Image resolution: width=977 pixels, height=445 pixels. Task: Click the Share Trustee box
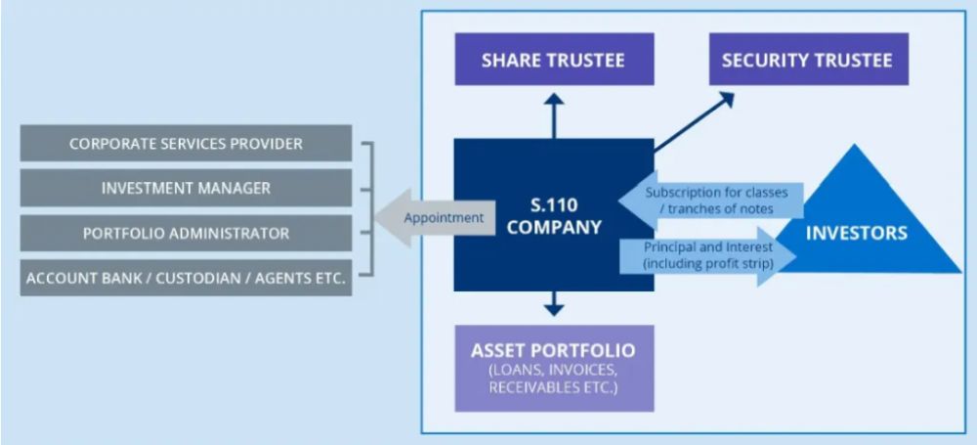click(x=553, y=60)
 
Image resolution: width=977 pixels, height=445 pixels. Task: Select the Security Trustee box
click(x=806, y=60)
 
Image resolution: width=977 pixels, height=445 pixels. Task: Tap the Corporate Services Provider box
click(x=186, y=144)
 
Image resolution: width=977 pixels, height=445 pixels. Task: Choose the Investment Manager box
click(x=186, y=188)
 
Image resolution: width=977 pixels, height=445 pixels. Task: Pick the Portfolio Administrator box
click(x=186, y=233)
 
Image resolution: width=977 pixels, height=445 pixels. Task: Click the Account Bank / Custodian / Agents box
click(x=186, y=278)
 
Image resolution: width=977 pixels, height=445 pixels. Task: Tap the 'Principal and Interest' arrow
click(x=709, y=256)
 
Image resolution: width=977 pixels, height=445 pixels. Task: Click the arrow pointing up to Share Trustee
click(x=554, y=114)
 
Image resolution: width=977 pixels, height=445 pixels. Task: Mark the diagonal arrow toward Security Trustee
click(x=694, y=122)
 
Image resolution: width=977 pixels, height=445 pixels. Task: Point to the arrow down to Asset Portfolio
click(x=554, y=303)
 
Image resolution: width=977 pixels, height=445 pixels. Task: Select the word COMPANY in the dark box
click(x=554, y=229)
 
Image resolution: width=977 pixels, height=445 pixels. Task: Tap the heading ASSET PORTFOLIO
click(x=553, y=350)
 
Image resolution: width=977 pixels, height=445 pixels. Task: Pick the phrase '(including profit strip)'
click(x=707, y=265)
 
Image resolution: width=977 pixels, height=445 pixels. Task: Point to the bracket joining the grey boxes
click(x=368, y=209)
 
